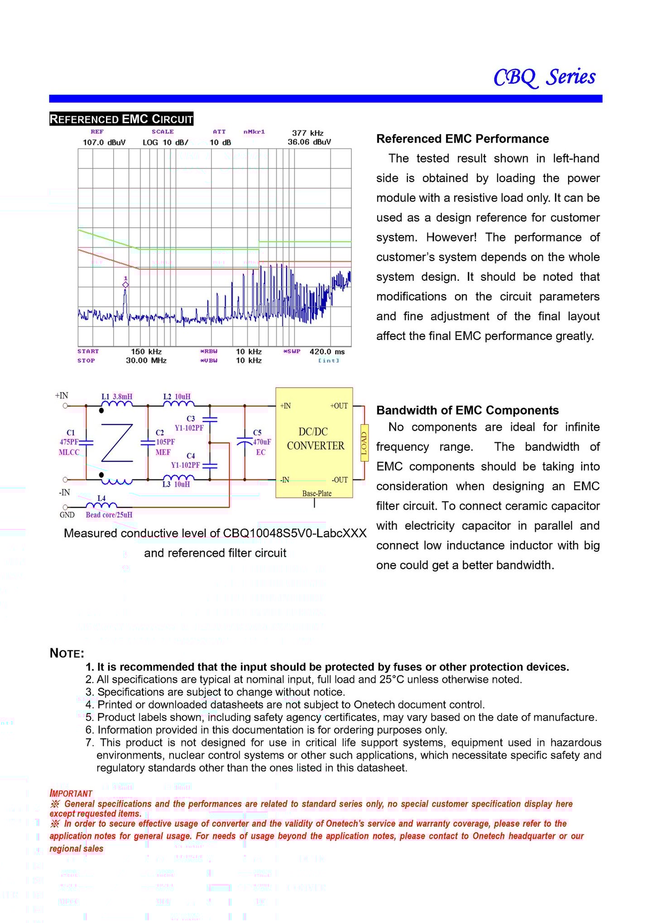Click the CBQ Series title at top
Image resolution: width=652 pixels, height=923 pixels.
[544, 77]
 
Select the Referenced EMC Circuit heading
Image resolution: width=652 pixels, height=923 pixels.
[121, 119]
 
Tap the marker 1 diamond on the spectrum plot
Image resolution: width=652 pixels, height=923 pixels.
[125, 284]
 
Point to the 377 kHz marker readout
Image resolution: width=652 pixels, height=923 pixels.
[308, 133]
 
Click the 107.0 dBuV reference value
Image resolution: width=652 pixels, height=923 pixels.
[104, 142]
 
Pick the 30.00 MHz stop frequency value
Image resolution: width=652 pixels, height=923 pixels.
[146, 361]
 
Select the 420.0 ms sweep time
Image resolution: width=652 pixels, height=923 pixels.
[327, 351]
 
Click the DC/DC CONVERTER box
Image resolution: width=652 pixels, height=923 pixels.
[315, 439]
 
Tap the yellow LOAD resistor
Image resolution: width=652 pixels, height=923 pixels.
[364, 442]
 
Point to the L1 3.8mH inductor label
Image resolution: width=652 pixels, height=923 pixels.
[117, 396]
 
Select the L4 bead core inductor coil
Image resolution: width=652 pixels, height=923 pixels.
[101, 505]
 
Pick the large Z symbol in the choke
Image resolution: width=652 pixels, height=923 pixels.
[117, 442]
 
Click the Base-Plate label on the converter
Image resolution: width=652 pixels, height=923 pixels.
[317, 493]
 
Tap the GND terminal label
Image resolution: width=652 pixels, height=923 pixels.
[67, 515]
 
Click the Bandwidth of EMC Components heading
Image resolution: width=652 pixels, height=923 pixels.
[467, 410]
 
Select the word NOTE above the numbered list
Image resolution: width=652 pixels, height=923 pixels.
[67, 653]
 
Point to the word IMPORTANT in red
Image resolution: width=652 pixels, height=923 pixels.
[71, 793]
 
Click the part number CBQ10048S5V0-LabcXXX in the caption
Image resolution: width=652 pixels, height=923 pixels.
[294, 533]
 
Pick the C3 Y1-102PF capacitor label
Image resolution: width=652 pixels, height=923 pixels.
[190, 423]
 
